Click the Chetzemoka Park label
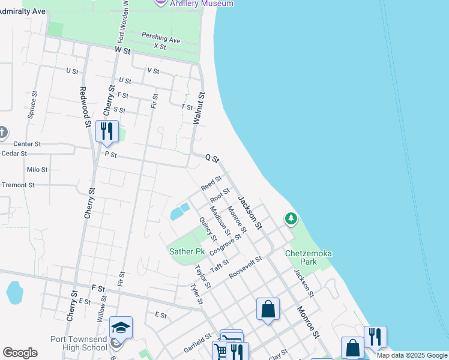(309, 257)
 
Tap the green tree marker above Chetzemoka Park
(291, 218)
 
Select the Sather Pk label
(187, 251)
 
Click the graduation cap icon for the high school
(121, 327)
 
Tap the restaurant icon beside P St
(107, 131)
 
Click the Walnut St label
(198, 108)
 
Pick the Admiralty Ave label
(23, 11)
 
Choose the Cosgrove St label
(225, 245)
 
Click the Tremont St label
(18, 185)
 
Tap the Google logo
(20, 352)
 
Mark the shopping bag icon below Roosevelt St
(268, 310)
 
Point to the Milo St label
(37, 170)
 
